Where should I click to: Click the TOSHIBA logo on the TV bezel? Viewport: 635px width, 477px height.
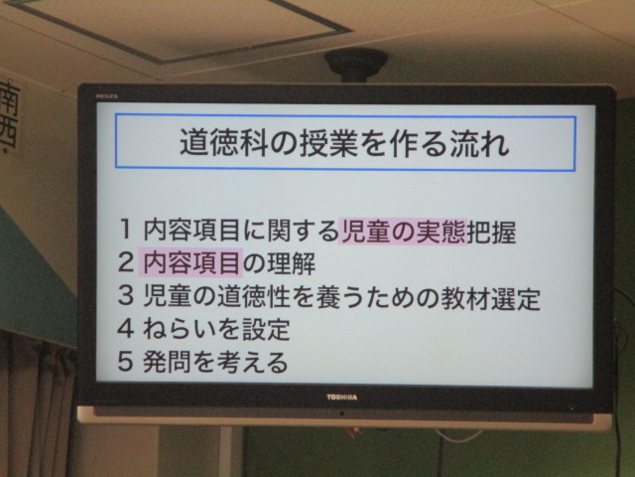coord(341,397)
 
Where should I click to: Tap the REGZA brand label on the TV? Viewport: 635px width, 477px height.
coord(107,96)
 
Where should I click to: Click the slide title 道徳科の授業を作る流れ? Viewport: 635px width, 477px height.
coord(344,142)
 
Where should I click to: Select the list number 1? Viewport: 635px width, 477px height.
coord(126,230)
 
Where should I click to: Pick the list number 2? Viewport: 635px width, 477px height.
coord(126,262)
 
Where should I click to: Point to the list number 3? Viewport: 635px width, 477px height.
coord(126,295)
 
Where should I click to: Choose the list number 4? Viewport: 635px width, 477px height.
coord(126,328)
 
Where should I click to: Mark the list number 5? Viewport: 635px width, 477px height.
coord(126,361)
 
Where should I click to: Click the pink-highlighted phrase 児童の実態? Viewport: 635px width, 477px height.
coord(403,232)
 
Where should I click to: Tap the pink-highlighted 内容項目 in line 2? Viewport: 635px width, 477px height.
coord(190,262)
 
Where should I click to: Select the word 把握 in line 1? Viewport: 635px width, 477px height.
coord(492,232)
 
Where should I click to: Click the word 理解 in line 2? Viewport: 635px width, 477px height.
coord(291,263)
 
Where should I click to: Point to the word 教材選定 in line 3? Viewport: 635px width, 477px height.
coord(491,298)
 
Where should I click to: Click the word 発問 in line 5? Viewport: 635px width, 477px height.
coord(168,362)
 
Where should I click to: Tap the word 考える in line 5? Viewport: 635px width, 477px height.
coord(252,362)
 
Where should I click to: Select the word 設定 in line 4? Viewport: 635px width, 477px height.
coord(266,329)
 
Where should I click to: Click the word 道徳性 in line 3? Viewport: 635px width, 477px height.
coord(254,297)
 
